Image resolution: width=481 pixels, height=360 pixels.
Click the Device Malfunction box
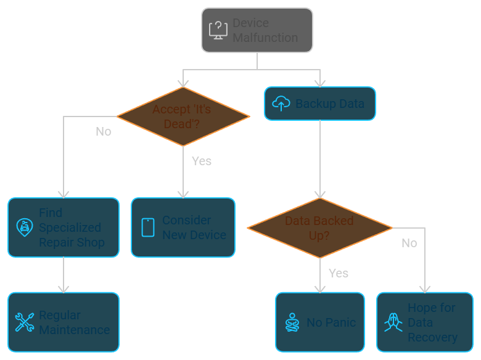click(x=257, y=30)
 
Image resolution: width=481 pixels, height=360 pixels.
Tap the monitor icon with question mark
click(x=218, y=30)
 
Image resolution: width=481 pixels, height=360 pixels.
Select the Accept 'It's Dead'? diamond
click(x=183, y=117)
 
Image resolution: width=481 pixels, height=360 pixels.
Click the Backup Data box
click(x=319, y=104)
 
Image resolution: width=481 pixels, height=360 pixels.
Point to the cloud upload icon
click(x=281, y=104)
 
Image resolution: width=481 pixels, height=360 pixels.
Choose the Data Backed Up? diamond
click(x=319, y=228)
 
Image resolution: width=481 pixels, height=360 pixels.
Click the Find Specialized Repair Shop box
click(x=64, y=227)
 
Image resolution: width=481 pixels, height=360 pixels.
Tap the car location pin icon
click(x=25, y=227)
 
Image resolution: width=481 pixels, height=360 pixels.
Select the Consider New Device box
click(x=183, y=227)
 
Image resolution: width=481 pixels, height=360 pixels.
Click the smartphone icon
click(x=148, y=227)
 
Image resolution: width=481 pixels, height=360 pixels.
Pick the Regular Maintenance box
click(x=64, y=322)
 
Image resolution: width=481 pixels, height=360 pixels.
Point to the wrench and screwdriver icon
click(x=25, y=322)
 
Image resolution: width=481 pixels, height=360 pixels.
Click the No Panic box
click(x=319, y=322)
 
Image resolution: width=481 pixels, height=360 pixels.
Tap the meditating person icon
click(x=292, y=322)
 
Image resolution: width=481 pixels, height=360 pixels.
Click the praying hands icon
click(x=393, y=322)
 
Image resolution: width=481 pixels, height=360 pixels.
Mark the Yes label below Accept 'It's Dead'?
click(x=202, y=162)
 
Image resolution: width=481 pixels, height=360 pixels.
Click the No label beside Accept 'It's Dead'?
click(x=104, y=132)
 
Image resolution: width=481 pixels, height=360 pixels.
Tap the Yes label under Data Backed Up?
click(x=339, y=274)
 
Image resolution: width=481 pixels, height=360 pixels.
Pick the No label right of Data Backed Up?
click(x=409, y=243)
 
